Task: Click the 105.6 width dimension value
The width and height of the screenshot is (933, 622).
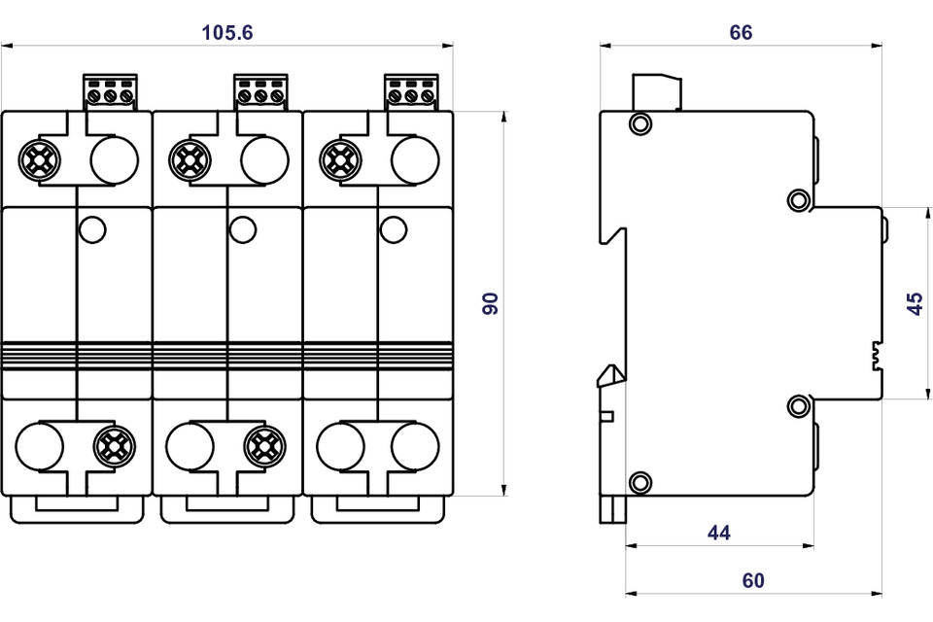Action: (227, 32)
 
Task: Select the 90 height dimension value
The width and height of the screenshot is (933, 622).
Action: (491, 303)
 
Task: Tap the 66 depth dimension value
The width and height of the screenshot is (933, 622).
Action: (741, 32)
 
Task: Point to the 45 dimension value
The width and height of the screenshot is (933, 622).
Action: (914, 303)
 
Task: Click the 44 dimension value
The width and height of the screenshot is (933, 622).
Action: (718, 533)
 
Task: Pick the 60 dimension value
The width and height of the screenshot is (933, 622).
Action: (753, 581)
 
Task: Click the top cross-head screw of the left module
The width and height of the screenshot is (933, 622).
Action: (40, 158)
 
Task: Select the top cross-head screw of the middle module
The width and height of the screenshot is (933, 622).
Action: (190, 158)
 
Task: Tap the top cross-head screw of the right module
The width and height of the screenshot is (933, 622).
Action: (340, 158)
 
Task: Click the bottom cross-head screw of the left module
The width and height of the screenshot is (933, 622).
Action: (115, 446)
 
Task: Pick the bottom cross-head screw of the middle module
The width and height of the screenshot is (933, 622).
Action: (264, 446)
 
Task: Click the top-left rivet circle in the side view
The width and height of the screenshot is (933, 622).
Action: (639, 123)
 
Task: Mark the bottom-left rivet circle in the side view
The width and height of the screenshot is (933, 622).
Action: (639, 481)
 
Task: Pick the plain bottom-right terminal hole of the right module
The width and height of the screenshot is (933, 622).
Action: (415, 446)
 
